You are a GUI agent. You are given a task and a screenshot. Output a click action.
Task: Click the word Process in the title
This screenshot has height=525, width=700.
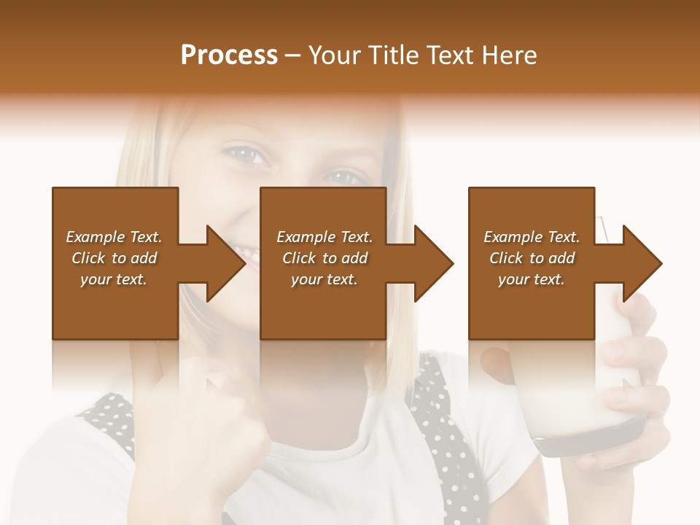229,55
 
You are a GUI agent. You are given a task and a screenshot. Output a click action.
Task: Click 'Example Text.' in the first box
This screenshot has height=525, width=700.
114,237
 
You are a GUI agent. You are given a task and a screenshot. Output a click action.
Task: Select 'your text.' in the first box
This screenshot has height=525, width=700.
114,279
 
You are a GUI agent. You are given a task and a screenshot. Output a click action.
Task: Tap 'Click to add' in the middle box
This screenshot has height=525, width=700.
324,258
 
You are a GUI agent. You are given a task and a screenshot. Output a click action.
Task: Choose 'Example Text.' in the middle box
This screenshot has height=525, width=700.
324,237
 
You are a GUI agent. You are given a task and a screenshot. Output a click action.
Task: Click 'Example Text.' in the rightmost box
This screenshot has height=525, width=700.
532,237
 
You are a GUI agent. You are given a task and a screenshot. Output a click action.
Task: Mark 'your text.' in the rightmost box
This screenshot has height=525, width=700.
532,279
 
